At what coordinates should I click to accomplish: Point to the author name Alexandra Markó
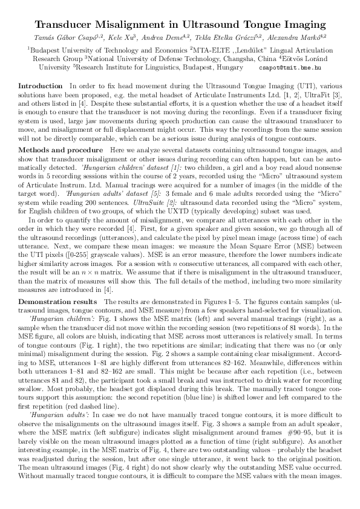(x=299, y=37)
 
